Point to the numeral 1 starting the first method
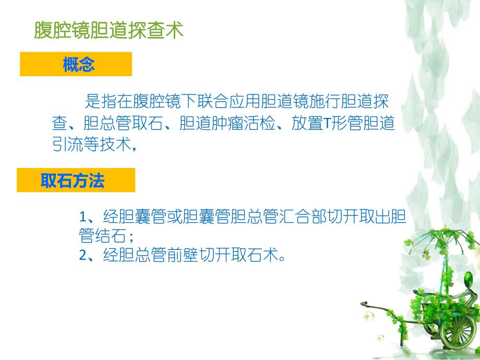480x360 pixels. [x=82, y=217]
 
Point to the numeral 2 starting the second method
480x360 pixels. [x=82, y=256]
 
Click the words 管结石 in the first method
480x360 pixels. [x=102, y=236]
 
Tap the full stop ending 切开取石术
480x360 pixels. [x=282, y=257]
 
